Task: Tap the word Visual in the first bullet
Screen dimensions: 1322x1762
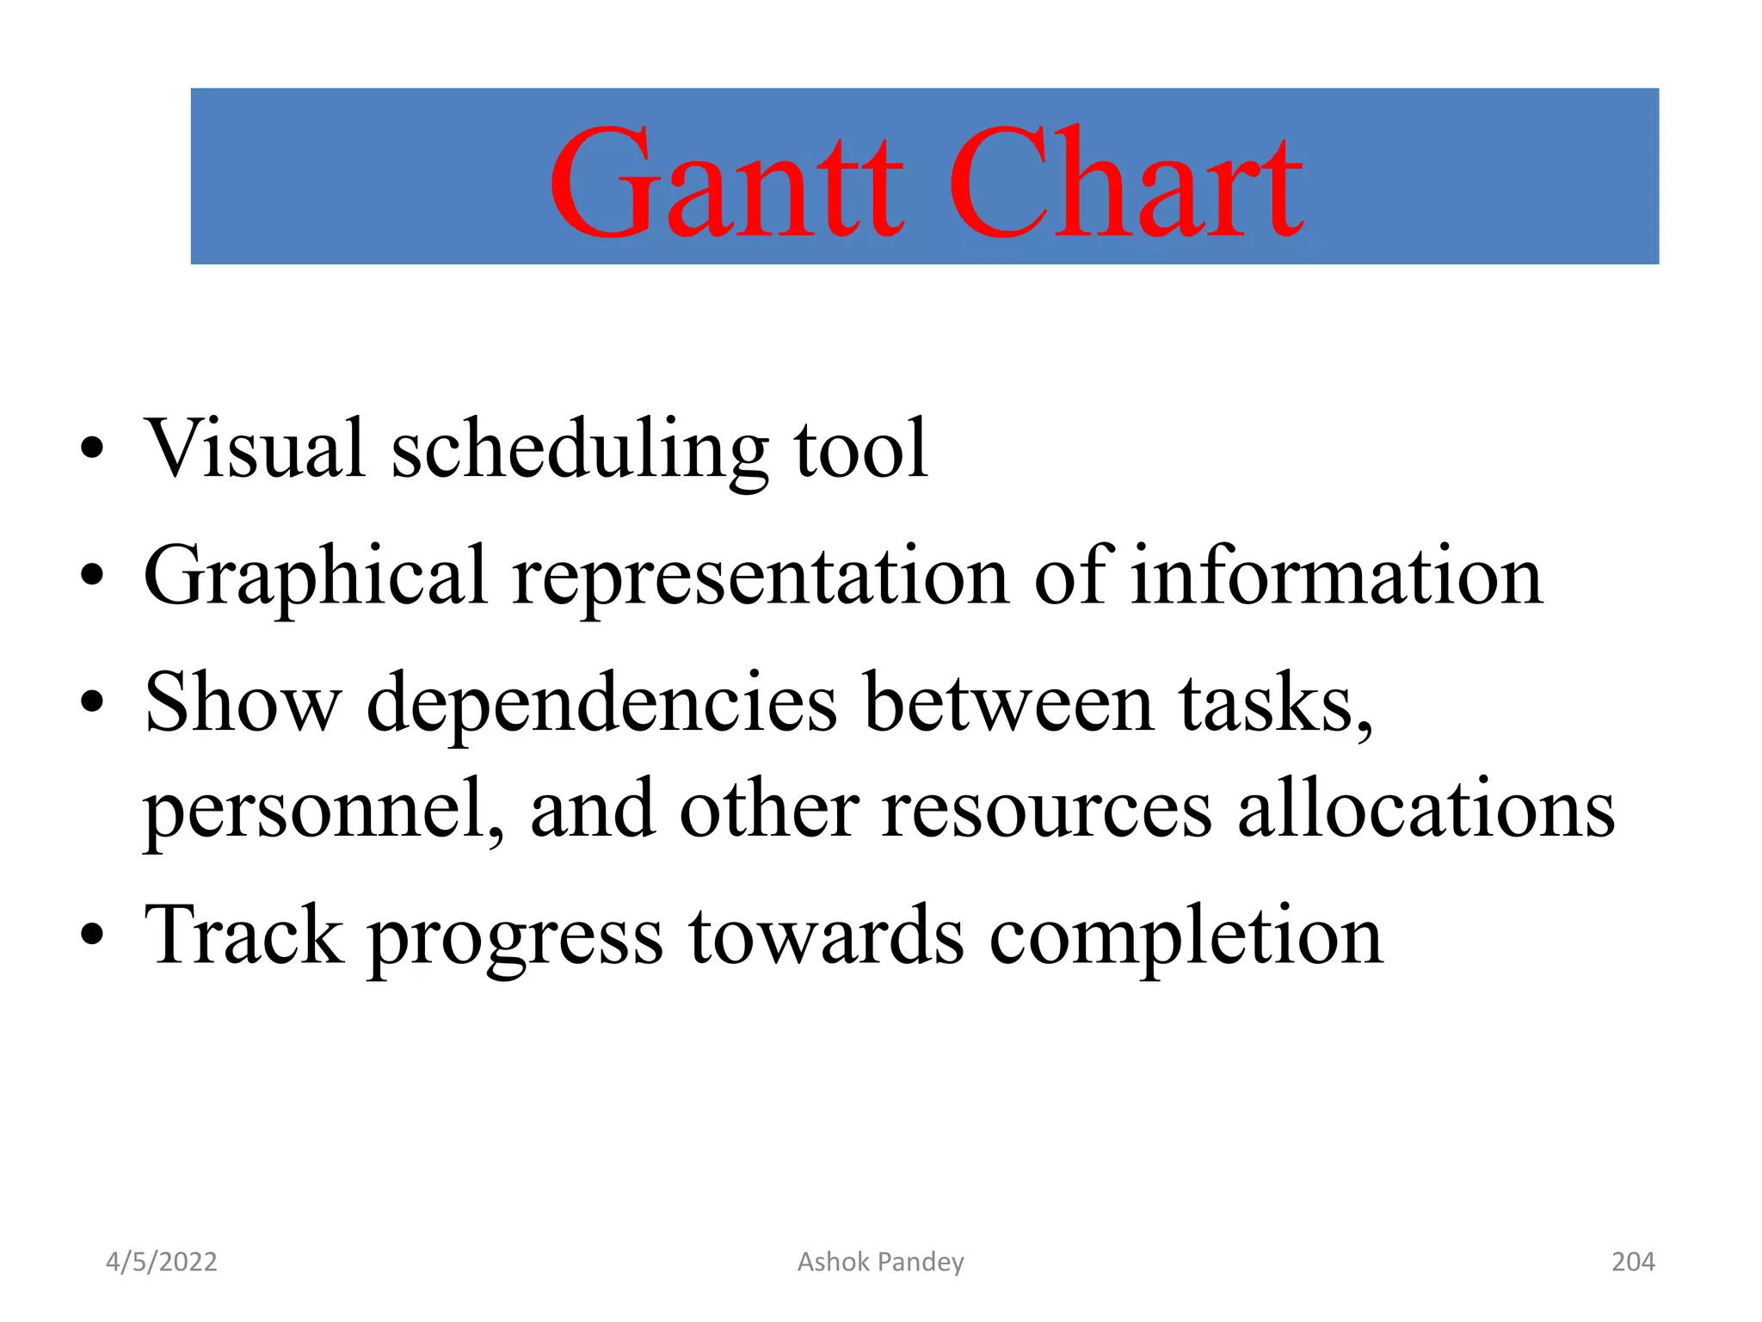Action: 255,448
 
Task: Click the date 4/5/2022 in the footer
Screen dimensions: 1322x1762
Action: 161,1262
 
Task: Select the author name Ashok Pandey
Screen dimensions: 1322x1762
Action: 880,1262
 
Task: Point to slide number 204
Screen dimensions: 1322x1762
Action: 1632,1262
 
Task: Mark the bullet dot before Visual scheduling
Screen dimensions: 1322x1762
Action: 92,448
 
